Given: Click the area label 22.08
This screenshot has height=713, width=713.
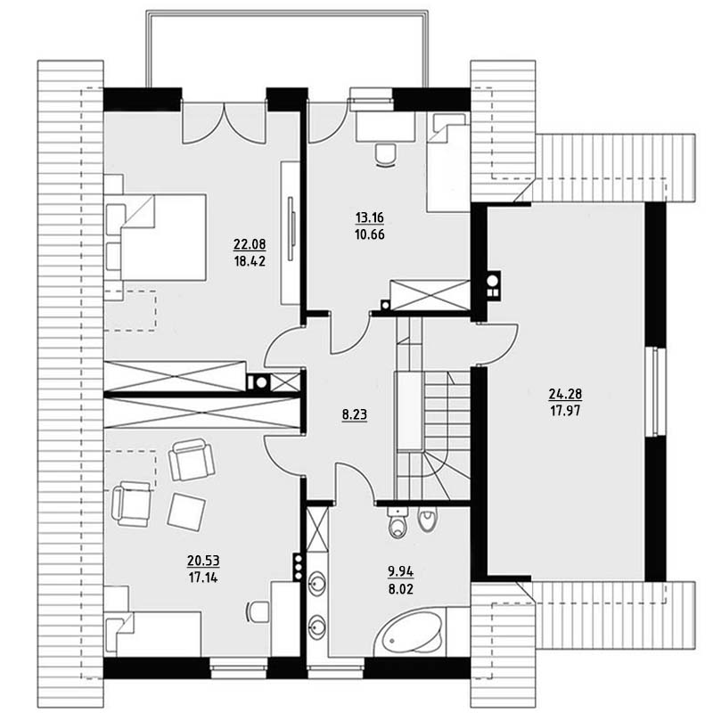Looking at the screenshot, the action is (x=250, y=244).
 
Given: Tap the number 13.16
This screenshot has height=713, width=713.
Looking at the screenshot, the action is (x=370, y=217).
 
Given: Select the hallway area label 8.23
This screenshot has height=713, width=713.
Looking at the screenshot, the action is (x=355, y=414).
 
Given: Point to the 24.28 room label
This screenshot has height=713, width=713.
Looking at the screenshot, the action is (x=565, y=393).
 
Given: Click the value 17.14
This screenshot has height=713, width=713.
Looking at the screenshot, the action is (x=203, y=578).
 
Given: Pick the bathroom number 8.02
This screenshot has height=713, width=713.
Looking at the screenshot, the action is (x=400, y=589).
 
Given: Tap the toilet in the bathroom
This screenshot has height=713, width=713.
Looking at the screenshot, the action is (x=398, y=522).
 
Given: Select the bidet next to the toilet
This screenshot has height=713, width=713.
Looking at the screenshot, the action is (x=428, y=520).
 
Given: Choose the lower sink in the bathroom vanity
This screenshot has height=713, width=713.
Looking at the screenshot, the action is (x=316, y=627).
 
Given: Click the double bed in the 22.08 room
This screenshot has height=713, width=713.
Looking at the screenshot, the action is (x=156, y=237).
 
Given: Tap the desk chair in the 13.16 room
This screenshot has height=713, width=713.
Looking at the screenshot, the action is (x=385, y=155).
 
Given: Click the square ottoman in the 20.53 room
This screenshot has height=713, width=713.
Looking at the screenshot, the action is (x=186, y=512).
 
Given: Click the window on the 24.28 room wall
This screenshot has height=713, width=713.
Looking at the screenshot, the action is (x=655, y=392).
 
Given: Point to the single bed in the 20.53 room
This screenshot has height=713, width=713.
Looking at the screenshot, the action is (x=152, y=634).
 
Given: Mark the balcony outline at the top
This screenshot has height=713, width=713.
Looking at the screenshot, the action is (x=287, y=12).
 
